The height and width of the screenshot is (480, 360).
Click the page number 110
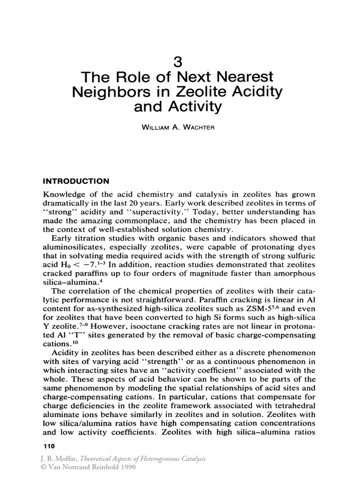tap(49, 447)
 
